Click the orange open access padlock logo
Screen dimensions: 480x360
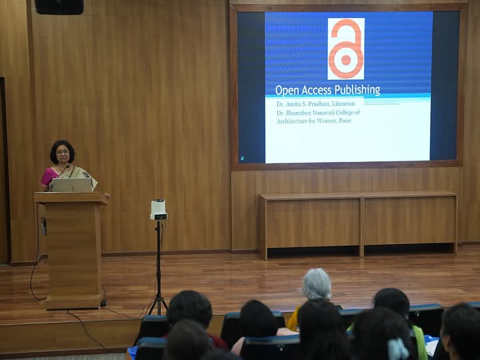[346, 49]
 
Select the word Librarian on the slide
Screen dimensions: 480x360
[343, 104]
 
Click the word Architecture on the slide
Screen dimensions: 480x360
[291, 121]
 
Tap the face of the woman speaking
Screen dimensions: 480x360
[63, 154]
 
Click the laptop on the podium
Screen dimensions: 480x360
[71, 185]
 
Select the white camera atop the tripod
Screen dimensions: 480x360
[158, 209]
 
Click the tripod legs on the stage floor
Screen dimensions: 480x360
[158, 304]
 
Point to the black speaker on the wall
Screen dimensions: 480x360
[59, 7]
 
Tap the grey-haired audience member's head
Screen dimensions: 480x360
[317, 284]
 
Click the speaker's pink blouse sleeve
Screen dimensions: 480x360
[49, 176]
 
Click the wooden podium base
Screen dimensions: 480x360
[73, 302]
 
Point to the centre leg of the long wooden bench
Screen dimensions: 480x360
[361, 227]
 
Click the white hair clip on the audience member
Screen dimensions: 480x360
[398, 349]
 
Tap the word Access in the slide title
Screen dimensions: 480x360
[316, 91]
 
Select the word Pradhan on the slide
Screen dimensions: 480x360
[319, 104]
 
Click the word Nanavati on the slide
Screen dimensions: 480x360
[323, 113]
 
